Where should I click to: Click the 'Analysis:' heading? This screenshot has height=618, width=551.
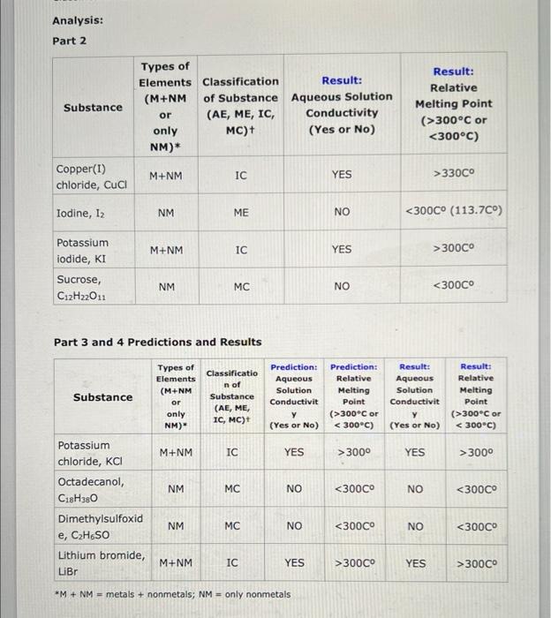[x=77, y=19]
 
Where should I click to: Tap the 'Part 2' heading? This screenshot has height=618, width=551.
[x=69, y=41]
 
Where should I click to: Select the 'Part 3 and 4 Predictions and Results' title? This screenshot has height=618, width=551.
[x=158, y=342]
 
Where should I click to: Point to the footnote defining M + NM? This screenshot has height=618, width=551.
[x=172, y=593]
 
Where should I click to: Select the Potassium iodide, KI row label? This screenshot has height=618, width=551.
[x=83, y=250]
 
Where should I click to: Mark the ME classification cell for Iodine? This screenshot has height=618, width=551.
[x=241, y=212]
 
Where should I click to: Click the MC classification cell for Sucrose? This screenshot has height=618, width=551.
[x=241, y=286]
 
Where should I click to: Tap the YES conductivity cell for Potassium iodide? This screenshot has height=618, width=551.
[x=342, y=250]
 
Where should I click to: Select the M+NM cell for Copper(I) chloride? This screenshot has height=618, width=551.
[x=166, y=175]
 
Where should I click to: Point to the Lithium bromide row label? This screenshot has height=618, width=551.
[x=100, y=562]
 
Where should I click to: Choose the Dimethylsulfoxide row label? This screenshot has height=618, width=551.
[x=100, y=526]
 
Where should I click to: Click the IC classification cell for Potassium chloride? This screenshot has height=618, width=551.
[x=232, y=452]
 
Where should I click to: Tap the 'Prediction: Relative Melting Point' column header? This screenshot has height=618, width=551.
[x=353, y=396]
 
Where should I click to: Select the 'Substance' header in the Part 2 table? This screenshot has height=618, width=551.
[x=93, y=108]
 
